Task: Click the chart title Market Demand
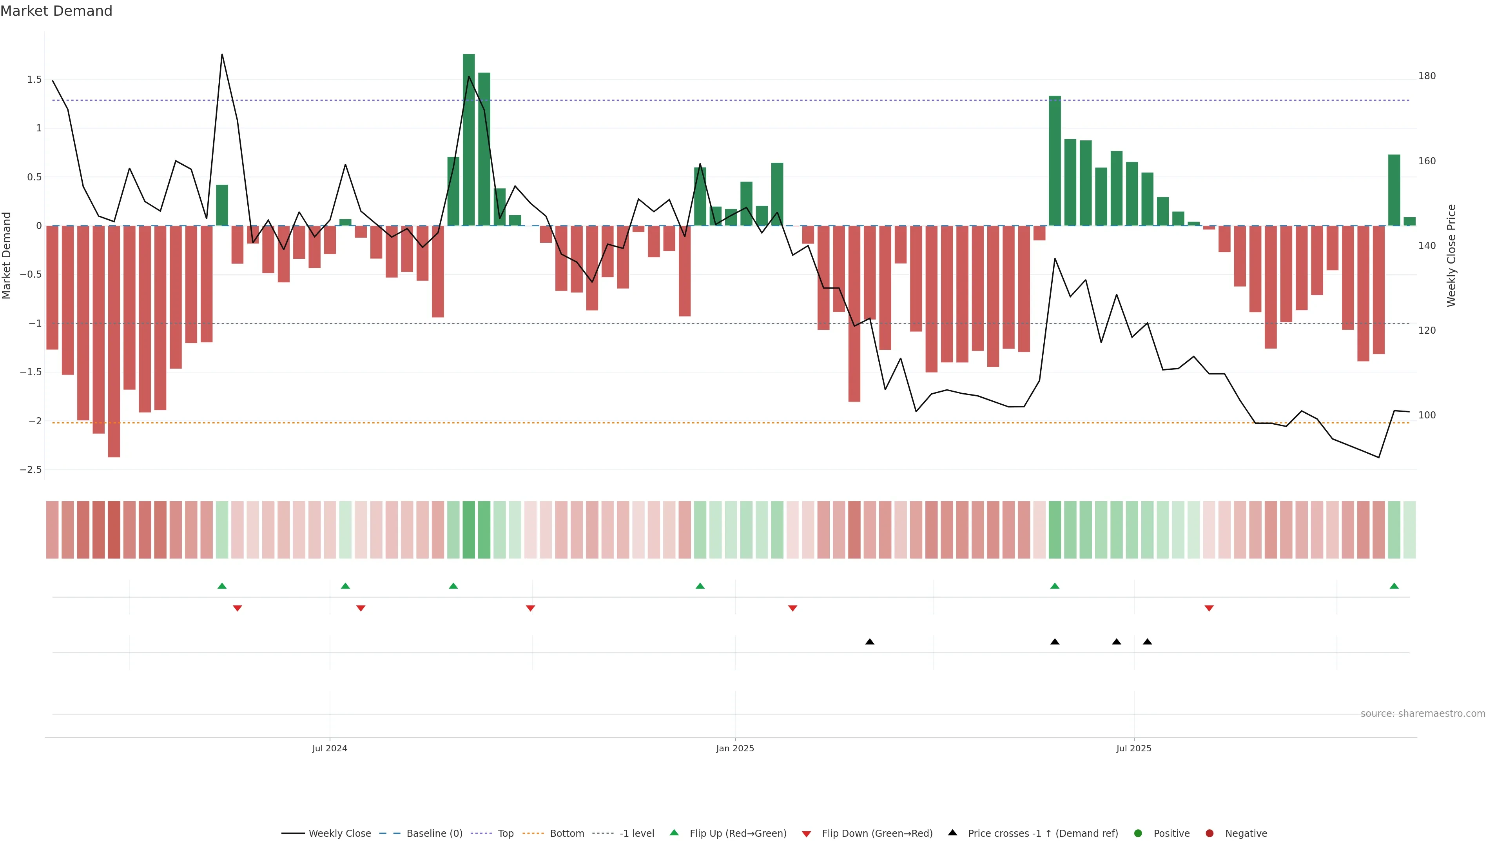pos(56,11)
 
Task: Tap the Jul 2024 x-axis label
pos(330,748)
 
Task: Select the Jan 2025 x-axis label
pos(735,748)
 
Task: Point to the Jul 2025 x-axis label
pos(1133,748)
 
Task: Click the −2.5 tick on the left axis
pos(31,470)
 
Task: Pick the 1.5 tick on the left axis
pos(34,80)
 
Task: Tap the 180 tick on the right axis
pos(1427,76)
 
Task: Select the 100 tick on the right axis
pos(1427,415)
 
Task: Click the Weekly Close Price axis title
pos(1452,255)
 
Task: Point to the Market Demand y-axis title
pos(7,255)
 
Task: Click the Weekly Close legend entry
pos(339,834)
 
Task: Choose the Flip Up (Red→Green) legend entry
pos(737,834)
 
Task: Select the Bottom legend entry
pos(566,834)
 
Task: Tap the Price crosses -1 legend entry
pos(1042,834)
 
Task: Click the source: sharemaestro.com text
pos(1423,714)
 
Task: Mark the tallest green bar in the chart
pos(469,140)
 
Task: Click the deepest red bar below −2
pos(114,342)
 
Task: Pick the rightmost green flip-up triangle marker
pos(1394,586)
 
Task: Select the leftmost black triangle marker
pos(869,642)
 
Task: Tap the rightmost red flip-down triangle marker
pos(1209,609)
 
